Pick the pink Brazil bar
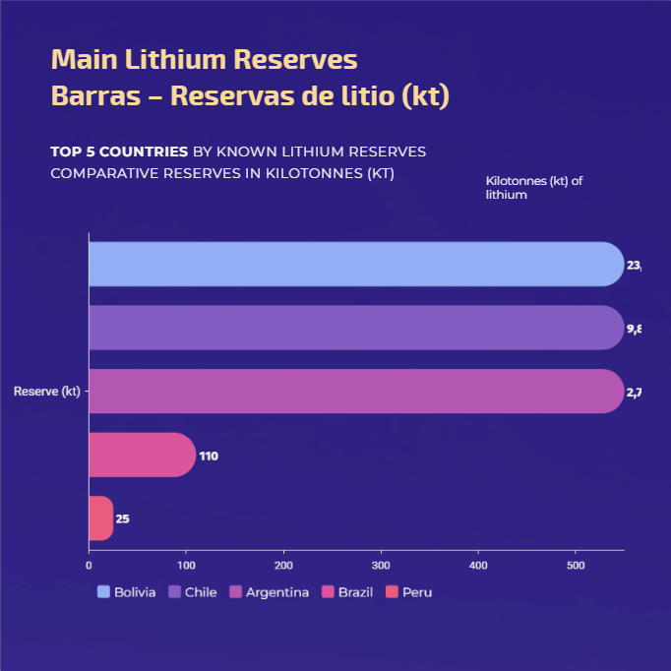pos(142,455)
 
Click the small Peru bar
pos(100,518)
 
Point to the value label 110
pos(209,457)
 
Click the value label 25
pos(122,519)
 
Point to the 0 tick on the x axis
pos(89,566)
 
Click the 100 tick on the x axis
pos(186,566)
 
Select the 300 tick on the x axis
pos(381,566)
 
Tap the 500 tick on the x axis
pos(576,566)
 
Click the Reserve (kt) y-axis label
pos(46,392)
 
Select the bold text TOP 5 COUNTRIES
pos(119,152)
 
